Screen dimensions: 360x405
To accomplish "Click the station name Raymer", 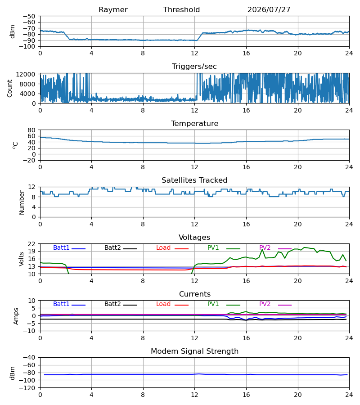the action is [113, 10].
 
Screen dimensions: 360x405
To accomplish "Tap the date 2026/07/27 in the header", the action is [269, 10].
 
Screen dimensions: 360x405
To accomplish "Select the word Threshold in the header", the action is [181, 10].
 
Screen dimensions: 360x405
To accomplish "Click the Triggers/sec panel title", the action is [194, 67].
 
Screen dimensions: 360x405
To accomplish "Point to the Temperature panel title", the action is [194, 123].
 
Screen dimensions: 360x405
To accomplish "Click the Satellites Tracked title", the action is [194, 180].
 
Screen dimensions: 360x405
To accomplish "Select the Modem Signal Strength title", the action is [194, 351].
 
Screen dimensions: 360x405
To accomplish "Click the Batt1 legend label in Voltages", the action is [61, 247].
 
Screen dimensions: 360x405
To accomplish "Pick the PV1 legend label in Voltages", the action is [213, 247].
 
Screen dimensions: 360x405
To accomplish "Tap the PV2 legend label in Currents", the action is [265, 304].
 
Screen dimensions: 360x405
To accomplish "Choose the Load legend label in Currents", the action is [163, 304].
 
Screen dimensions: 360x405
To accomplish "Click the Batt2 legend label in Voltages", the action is [112, 247].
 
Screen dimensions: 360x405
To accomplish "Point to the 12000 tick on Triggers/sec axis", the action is [26, 74].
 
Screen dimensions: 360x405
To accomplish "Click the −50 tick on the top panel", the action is [29, 16].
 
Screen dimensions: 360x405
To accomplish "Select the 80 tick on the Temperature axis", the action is [31, 130].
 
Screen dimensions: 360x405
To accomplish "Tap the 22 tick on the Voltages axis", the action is [31, 244].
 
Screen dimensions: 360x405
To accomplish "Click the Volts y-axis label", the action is [21, 259].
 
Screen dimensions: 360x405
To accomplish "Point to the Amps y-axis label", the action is [16, 316].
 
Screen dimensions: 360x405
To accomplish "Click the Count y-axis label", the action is [9, 88].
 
